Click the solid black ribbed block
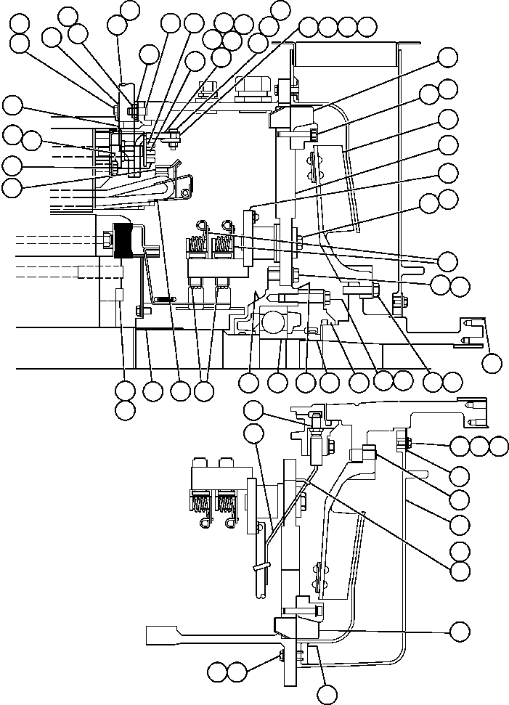[128, 241]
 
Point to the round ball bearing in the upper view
[274, 322]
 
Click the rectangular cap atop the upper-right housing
[347, 54]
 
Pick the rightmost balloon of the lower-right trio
[499, 446]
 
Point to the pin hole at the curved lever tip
[186, 192]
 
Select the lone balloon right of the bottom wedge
[460, 631]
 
